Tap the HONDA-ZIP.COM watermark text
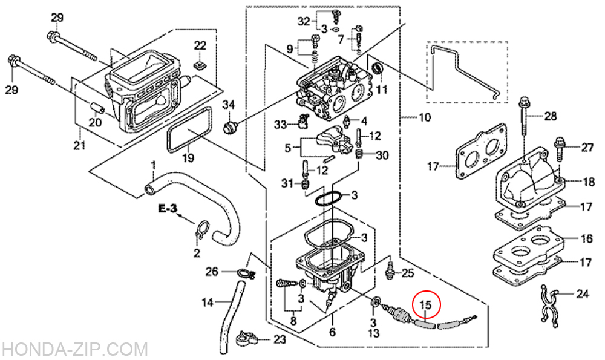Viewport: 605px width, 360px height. point(74,350)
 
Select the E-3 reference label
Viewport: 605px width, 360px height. point(168,209)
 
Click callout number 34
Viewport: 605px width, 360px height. point(229,105)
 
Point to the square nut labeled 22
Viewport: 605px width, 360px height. point(200,65)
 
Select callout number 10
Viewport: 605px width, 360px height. point(425,117)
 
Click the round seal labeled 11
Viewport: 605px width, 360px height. point(377,70)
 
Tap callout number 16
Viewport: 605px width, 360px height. point(586,238)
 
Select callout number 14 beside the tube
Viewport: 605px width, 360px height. point(208,302)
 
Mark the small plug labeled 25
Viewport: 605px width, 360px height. point(390,269)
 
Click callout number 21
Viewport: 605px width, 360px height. point(79,145)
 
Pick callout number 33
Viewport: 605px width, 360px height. point(281,125)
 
